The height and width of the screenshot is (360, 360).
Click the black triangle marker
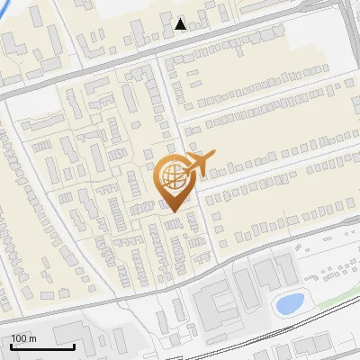click(181, 24)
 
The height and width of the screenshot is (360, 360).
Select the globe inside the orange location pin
click(171, 174)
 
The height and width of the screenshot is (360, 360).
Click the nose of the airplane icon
click(211, 157)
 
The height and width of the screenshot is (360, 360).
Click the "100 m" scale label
click(23, 338)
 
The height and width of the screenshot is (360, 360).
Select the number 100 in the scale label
click(19, 338)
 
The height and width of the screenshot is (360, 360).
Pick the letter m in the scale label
click(32, 338)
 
